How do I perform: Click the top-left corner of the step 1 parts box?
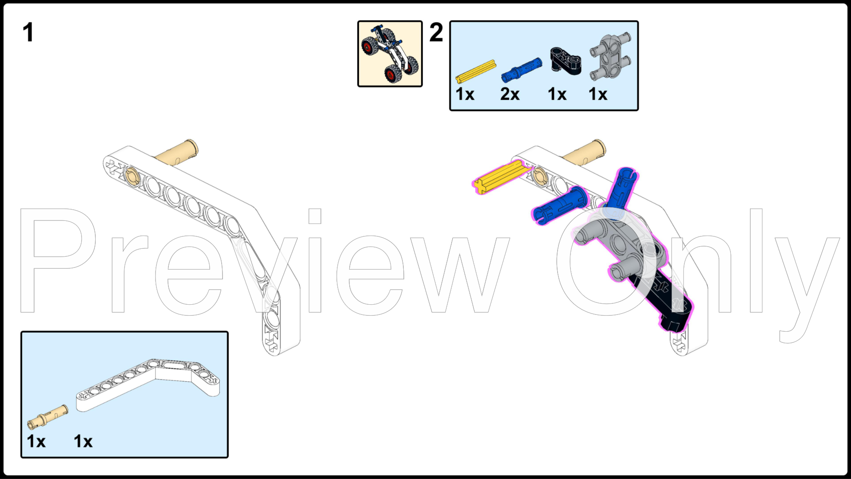click(x=21, y=332)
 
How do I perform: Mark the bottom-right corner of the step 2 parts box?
click(x=638, y=110)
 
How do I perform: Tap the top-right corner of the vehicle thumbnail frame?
click(x=422, y=21)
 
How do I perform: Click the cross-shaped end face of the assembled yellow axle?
click(x=480, y=185)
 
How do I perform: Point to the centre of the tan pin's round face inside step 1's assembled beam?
click(x=131, y=174)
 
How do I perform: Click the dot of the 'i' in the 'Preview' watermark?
click(x=315, y=216)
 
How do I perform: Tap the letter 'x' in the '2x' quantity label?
click(x=515, y=95)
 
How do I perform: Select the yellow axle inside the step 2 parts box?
click(x=476, y=72)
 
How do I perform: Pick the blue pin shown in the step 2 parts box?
click(x=521, y=70)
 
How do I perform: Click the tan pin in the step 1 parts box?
click(x=48, y=417)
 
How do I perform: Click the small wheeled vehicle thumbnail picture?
click(x=390, y=54)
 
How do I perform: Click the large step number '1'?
click(x=28, y=32)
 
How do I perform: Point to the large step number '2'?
click(x=436, y=32)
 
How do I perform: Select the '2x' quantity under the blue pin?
click(x=510, y=94)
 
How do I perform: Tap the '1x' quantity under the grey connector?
click(x=598, y=94)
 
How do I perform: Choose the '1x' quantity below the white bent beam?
click(x=83, y=441)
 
